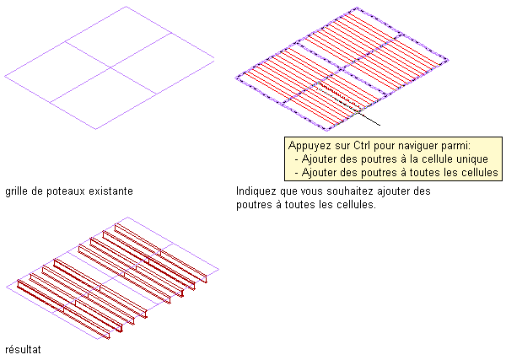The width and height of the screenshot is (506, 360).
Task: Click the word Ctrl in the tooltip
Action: coord(362,146)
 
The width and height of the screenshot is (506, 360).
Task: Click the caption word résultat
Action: coord(24,349)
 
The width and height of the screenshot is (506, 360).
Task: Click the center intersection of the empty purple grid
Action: coord(110,67)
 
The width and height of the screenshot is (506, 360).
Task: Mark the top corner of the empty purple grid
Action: coord(126,7)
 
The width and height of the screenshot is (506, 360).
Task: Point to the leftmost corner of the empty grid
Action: coord(5,77)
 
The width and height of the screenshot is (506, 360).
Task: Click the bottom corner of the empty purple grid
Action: coord(96,129)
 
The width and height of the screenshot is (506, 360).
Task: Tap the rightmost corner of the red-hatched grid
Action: coord(448,60)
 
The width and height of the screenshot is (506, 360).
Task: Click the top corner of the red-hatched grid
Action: coord(358,8)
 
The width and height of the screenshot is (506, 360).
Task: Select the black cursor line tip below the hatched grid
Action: coord(379,125)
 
